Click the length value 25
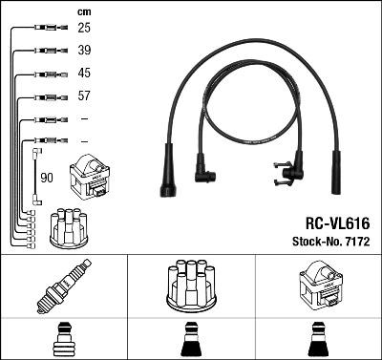[84, 29]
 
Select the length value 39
[84, 51]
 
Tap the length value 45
[84, 74]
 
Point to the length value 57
[84, 96]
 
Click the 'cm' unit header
[83, 11]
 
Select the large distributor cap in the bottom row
[191, 286]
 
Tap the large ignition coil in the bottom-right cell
[317, 286]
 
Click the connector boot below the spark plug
[64, 339]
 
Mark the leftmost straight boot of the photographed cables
[168, 172]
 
